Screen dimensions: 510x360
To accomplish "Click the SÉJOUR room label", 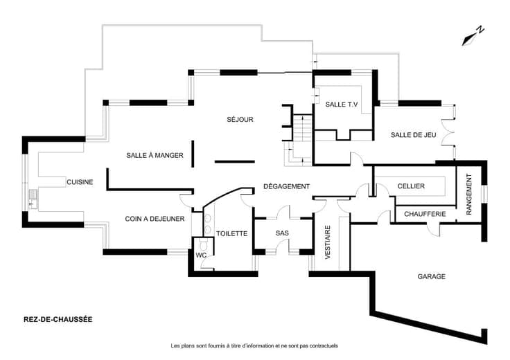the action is pyautogui.click(x=240, y=119).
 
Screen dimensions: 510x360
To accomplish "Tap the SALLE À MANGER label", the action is pyautogui.click(x=155, y=155).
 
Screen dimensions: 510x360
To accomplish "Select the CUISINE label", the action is pyautogui.click(x=80, y=182).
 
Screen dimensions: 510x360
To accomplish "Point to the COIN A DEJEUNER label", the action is pyautogui.click(x=155, y=219).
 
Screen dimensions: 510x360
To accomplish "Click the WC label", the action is pyautogui.click(x=201, y=255).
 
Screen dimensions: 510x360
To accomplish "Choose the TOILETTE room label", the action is pyautogui.click(x=232, y=233).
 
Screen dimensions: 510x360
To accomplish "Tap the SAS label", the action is pyautogui.click(x=282, y=233).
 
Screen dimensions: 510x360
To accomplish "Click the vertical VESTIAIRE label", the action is pyautogui.click(x=328, y=242).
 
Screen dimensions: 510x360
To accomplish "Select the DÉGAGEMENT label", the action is pyautogui.click(x=287, y=186).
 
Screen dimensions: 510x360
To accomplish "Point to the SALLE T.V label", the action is pyautogui.click(x=342, y=105).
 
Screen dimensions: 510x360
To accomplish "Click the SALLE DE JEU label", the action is pyautogui.click(x=414, y=135).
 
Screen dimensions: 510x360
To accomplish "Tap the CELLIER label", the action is pyautogui.click(x=411, y=186).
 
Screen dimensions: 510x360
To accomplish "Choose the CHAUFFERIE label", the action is pyautogui.click(x=425, y=214).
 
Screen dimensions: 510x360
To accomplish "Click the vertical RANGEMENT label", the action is pyautogui.click(x=469, y=194).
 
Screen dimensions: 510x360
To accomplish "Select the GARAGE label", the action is pyautogui.click(x=432, y=276).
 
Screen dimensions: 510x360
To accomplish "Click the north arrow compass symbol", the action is pyautogui.click(x=473, y=36).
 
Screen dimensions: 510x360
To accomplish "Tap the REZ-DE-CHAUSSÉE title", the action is pyautogui.click(x=58, y=319).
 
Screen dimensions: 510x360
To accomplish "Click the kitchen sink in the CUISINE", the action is pyautogui.click(x=33, y=199).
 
